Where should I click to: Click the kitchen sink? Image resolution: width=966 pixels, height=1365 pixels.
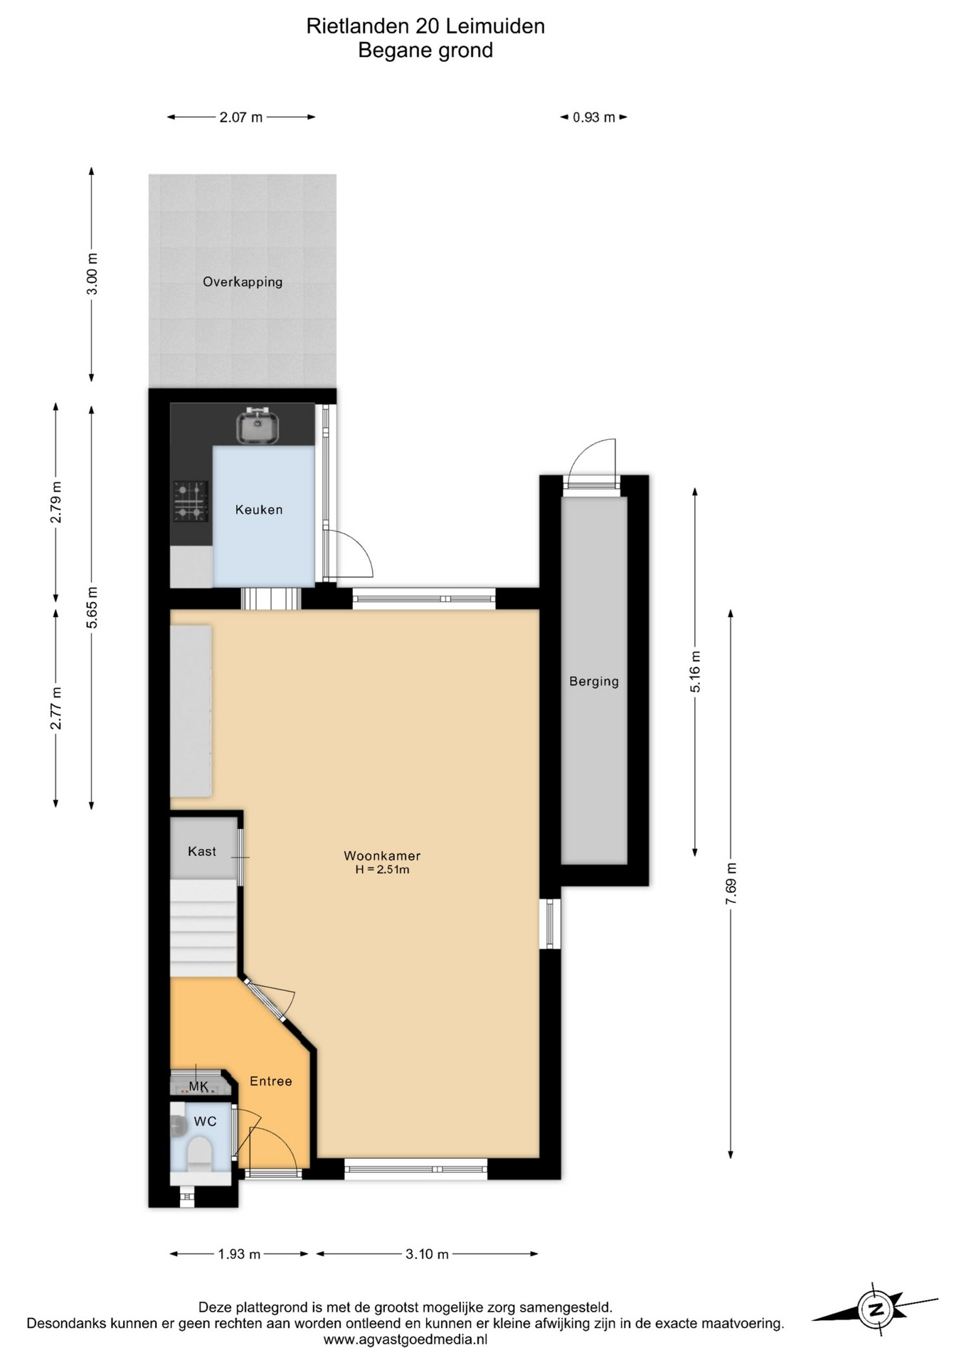(257, 426)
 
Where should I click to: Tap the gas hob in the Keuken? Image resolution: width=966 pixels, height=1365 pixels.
(191, 501)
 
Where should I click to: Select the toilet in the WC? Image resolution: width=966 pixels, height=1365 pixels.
(198, 1152)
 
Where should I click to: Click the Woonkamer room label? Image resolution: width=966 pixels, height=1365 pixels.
(382, 856)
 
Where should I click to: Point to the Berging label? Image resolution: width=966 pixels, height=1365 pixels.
(594, 681)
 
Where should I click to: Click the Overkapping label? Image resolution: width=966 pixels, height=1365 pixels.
(243, 282)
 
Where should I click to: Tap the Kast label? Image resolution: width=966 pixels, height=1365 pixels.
(202, 851)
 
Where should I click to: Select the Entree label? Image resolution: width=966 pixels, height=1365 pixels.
(271, 1081)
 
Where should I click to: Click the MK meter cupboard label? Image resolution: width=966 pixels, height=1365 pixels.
(198, 1086)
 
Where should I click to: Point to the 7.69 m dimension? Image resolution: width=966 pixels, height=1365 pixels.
(731, 883)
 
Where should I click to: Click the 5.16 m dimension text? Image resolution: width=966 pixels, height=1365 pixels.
(695, 671)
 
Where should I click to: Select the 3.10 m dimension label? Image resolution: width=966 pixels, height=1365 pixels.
(427, 1254)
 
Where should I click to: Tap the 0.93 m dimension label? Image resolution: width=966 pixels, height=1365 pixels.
(594, 117)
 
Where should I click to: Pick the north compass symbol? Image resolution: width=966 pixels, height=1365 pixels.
(875, 1309)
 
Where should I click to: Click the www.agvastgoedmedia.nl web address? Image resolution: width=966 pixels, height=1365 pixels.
(405, 1339)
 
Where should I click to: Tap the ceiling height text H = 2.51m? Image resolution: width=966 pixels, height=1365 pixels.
(382, 869)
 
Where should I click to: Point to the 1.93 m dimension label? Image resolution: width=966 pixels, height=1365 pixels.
(239, 1254)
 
